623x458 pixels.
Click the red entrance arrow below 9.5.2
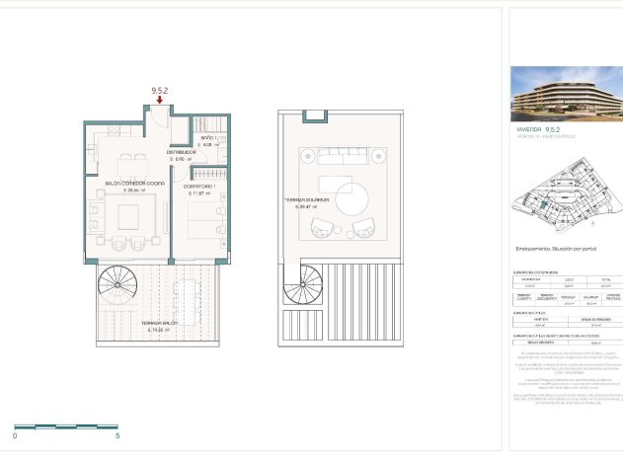159,99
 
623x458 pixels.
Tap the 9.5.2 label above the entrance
159,90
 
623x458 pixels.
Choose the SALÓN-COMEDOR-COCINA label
133,184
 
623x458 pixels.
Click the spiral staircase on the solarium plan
298,287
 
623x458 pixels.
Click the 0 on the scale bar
15,434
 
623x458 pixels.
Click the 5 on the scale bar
117,434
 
